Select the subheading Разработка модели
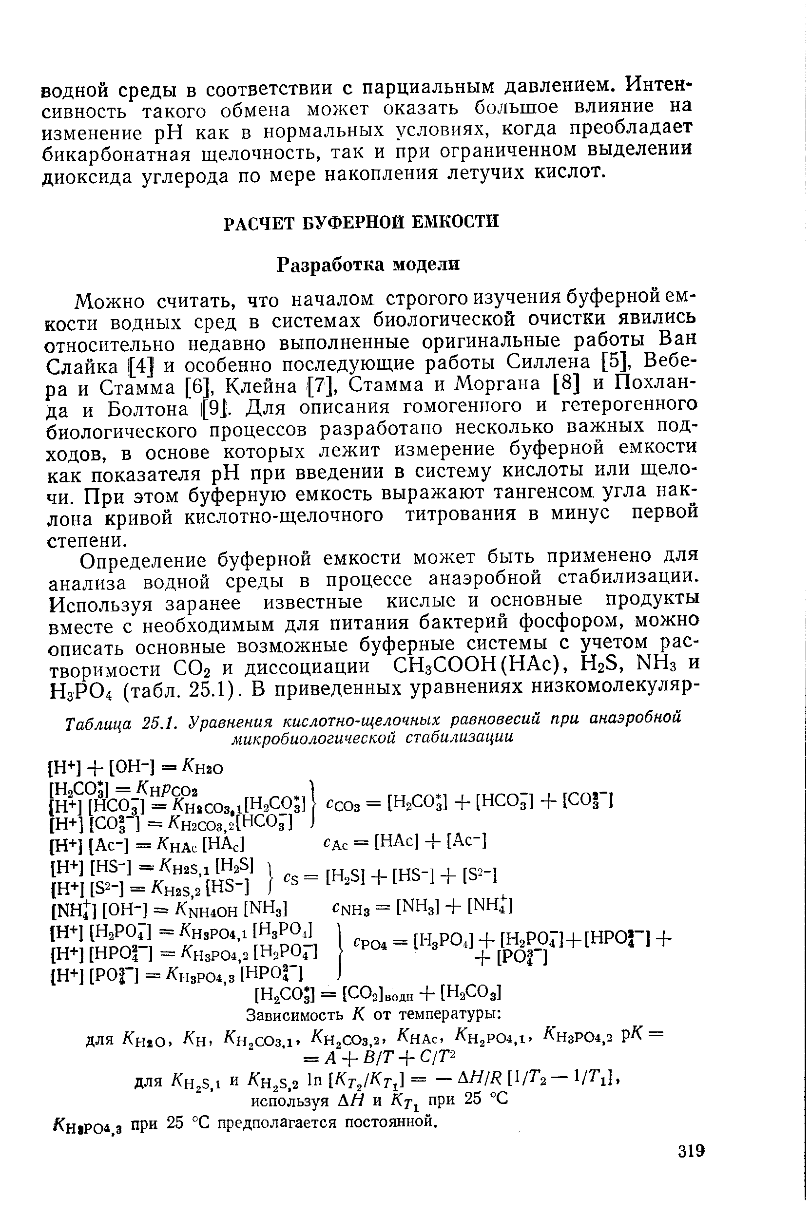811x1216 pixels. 368,265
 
